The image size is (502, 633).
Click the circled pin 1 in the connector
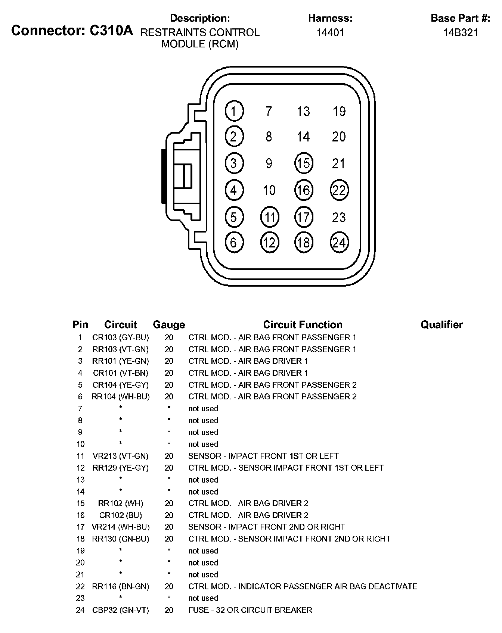coord(234,111)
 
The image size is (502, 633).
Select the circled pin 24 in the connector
coord(339,243)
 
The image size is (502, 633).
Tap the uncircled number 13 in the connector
coord(303,111)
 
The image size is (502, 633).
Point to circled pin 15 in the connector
coord(304,163)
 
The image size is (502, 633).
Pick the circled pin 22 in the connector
coord(339,190)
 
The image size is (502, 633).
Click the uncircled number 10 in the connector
coord(269,190)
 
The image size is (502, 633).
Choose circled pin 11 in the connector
coord(269,217)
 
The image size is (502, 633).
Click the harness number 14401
coord(330,32)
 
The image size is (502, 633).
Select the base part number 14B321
coord(461,32)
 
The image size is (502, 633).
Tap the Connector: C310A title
coord(72,30)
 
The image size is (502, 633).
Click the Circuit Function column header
coord(303,325)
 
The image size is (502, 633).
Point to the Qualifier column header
coord(441,325)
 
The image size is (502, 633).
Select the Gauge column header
coord(169,325)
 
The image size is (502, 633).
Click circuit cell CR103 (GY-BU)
coord(121,337)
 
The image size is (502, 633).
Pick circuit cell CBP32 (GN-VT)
coord(121,610)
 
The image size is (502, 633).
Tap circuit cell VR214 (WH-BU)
coord(121,527)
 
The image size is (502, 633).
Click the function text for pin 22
coord(303,586)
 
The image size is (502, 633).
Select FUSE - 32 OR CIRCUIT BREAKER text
coord(250,610)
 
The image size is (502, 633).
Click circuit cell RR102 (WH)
coord(121,503)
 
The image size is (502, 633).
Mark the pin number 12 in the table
coord(80,468)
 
